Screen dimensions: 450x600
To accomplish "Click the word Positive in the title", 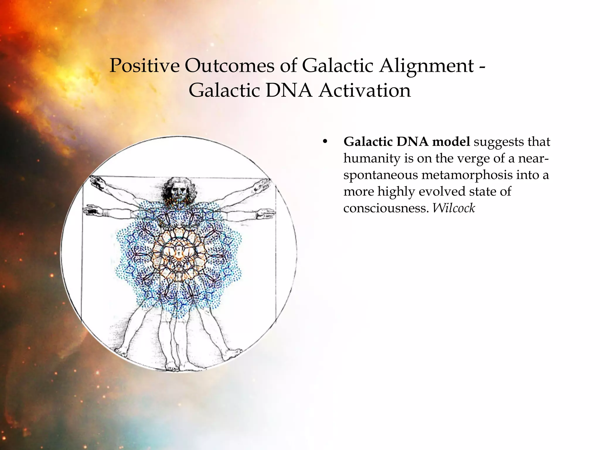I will pos(144,66).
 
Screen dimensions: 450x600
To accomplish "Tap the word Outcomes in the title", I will pos(229,66).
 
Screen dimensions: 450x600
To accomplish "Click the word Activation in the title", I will pos(365,90).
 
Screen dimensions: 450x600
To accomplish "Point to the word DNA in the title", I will pos(289,90).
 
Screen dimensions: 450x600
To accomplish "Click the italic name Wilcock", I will pos(454,208).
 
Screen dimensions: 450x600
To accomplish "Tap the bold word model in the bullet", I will pos(451,142).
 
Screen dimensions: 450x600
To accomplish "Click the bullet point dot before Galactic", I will pos(324,142).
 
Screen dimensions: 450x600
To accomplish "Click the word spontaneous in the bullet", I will pos(381,175).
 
